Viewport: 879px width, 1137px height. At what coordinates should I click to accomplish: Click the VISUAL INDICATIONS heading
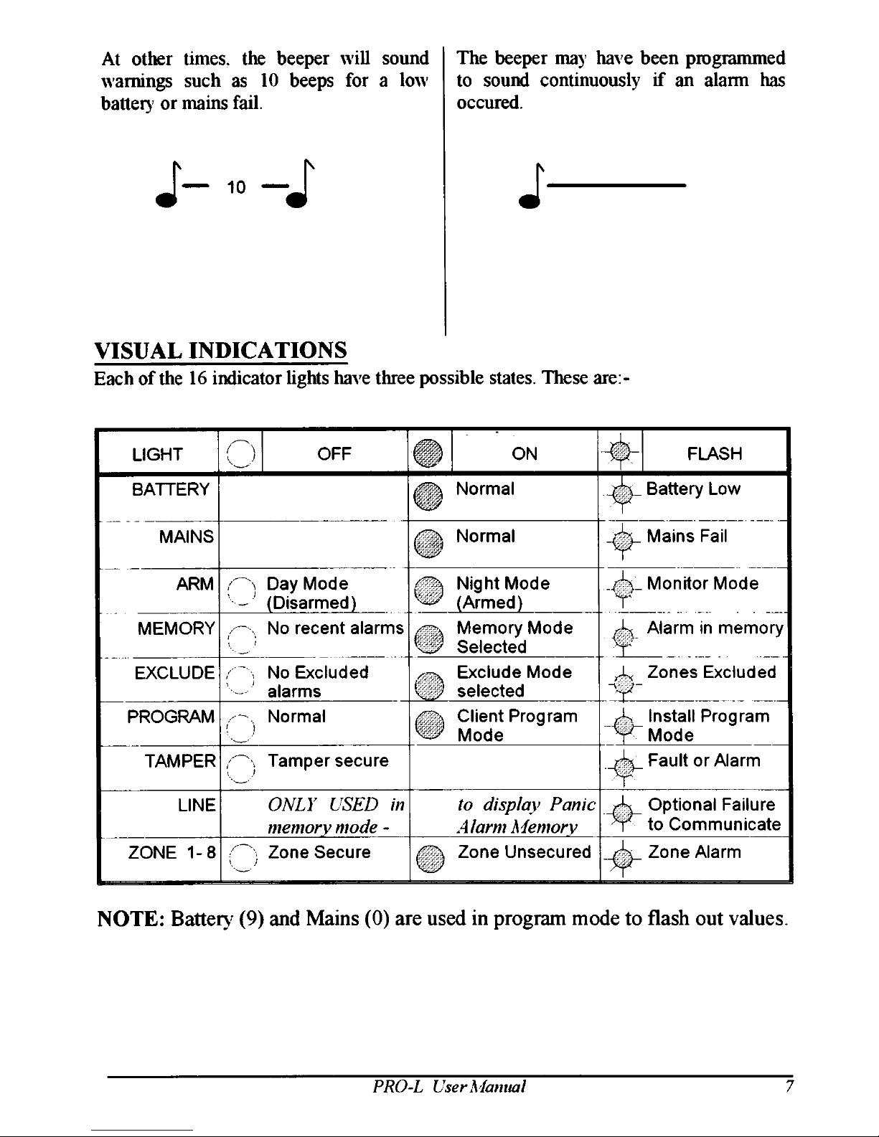pyautogui.click(x=221, y=351)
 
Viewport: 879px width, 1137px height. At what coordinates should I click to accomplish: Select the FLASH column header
pyautogui.click(x=714, y=453)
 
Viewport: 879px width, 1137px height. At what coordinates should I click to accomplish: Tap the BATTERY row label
pyautogui.click(x=171, y=489)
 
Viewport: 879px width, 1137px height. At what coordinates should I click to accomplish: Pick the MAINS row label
pyautogui.click(x=186, y=537)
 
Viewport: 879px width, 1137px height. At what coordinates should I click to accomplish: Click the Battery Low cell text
pyautogui.click(x=693, y=489)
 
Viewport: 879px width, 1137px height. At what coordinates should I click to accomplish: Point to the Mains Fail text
pyautogui.click(x=687, y=537)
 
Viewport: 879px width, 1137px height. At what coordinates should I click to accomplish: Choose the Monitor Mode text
pyautogui.click(x=702, y=583)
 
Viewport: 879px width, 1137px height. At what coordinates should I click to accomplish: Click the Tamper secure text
pyautogui.click(x=327, y=760)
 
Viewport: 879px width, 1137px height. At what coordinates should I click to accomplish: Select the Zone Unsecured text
pyautogui.click(x=524, y=852)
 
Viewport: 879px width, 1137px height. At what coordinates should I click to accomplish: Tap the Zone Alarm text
pyautogui.click(x=694, y=852)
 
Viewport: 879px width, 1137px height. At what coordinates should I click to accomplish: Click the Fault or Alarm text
pyautogui.click(x=704, y=760)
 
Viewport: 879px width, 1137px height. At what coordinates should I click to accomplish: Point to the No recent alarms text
pyautogui.click(x=335, y=628)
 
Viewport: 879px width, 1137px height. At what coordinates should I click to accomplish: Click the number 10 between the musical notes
pyautogui.click(x=236, y=188)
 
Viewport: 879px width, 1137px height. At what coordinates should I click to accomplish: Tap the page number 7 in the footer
pyautogui.click(x=788, y=1086)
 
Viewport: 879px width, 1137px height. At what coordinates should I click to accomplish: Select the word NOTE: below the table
pyautogui.click(x=130, y=918)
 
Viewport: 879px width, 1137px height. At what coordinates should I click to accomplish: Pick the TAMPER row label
pyautogui.click(x=180, y=760)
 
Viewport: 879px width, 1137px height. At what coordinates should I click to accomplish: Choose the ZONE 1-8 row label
pyautogui.click(x=171, y=852)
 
